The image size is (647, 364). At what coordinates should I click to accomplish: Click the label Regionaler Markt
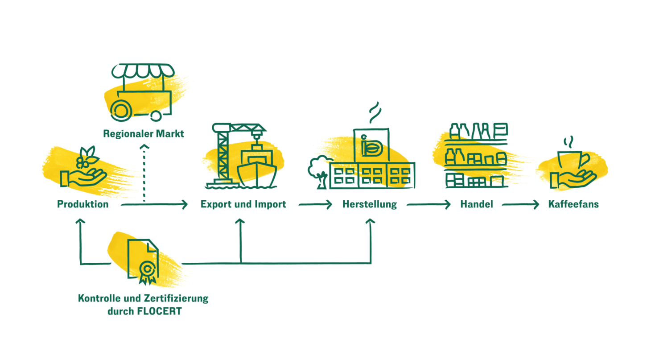pyautogui.click(x=144, y=134)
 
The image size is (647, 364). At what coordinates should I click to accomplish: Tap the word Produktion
pyautogui.click(x=83, y=204)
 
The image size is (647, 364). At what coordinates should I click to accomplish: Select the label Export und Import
pyautogui.click(x=243, y=204)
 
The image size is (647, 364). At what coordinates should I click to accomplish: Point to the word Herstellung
pyautogui.click(x=370, y=204)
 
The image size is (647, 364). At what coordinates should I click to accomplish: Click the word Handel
pyautogui.click(x=477, y=204)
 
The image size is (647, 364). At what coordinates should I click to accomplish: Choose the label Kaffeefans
pyautogui.click(x=573, y=204)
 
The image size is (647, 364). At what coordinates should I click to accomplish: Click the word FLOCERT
pyautogui.click(x=159, y=311)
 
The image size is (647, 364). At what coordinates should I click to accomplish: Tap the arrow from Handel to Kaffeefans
pyautogui.click(x=520, y=205)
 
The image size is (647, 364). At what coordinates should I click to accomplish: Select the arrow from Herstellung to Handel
pyautogui.click(x=429, y=205)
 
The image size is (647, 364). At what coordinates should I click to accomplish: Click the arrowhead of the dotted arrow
pyautogui.click(x=144, y=147)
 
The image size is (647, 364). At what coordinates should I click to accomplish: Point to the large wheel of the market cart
pyautogui.click(x=121, y=110)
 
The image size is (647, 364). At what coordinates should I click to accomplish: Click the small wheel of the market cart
pyautogui.click(x=156, y=116)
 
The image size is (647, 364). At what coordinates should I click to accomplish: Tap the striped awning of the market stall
pyautogui.click(x=143, y=71)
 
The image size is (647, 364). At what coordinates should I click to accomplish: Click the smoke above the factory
pyautogui.click(x=375, y=113)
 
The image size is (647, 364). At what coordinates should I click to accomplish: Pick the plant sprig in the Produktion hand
pyautogui.click(x=87, y=157)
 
